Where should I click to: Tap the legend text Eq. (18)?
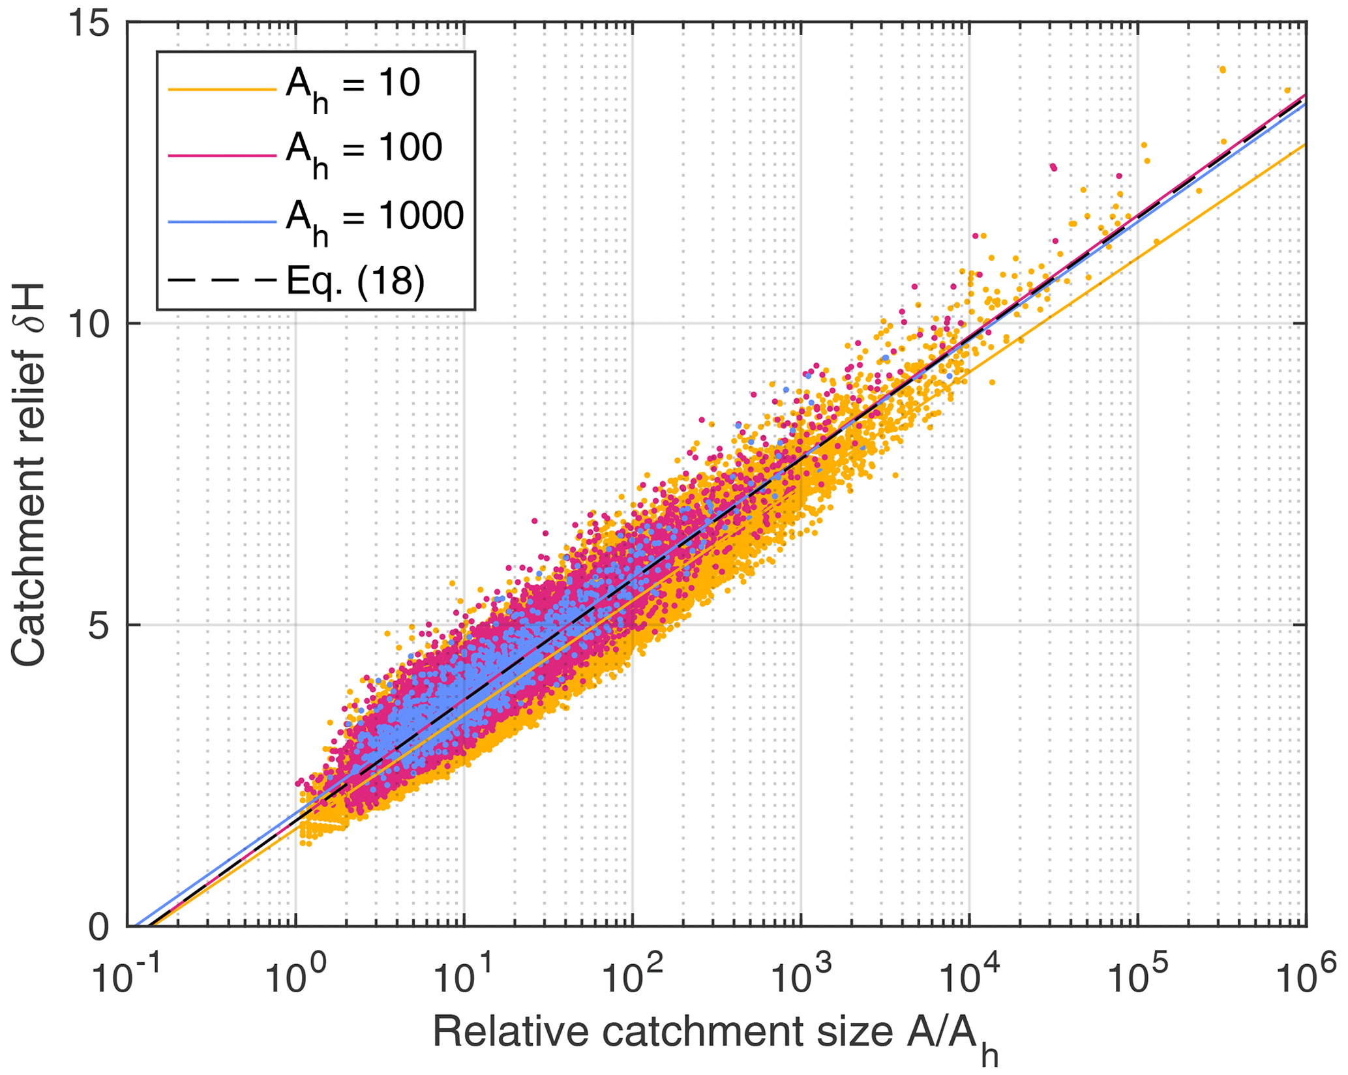point(355,281)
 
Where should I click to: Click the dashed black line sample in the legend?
point(222,281)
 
